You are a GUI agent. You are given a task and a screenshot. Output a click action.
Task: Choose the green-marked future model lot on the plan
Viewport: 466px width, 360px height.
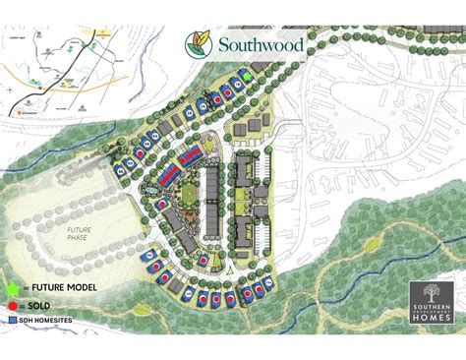(249, 75)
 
